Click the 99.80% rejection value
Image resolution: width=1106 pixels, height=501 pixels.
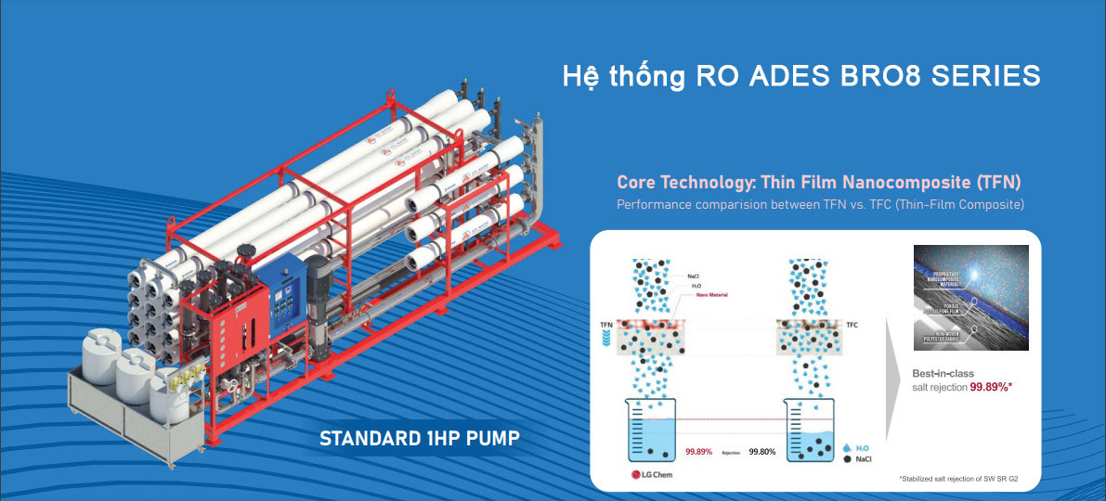pyautogui.click(x=762, y=452)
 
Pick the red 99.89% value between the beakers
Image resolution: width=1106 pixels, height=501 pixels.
pyautogui.click(x=698, y=452)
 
